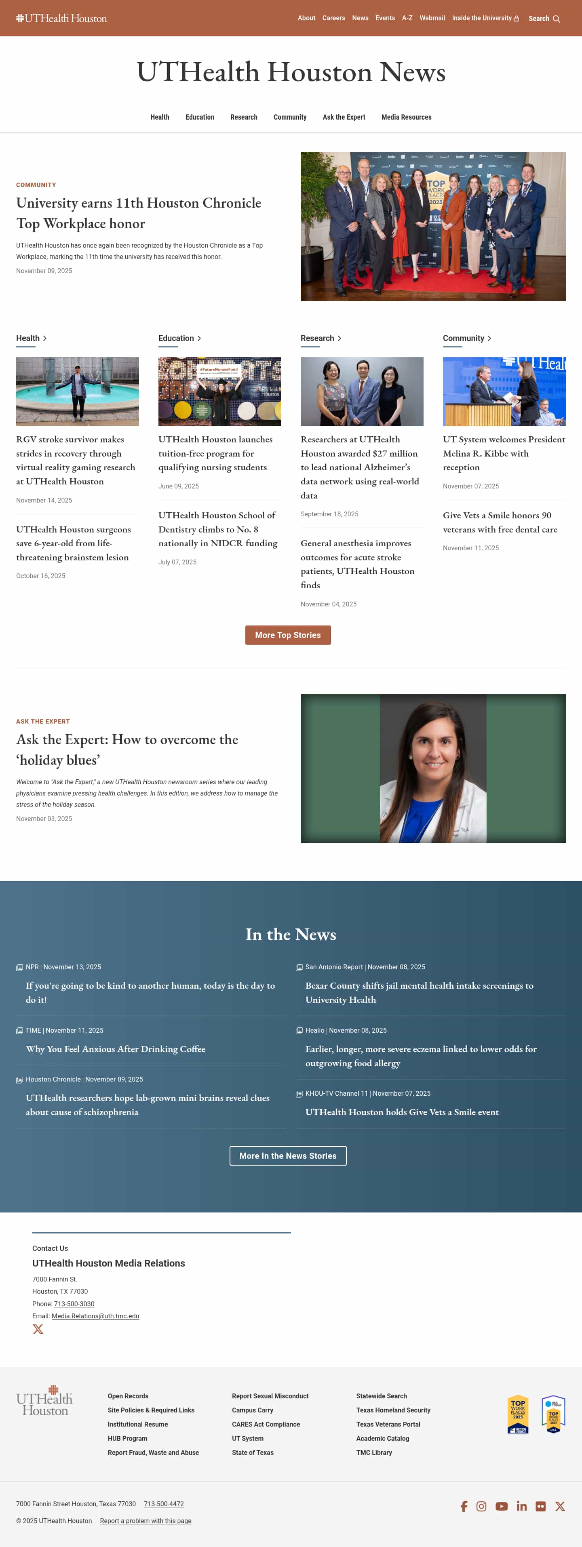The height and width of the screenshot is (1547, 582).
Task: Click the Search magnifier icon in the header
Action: coord(556,19)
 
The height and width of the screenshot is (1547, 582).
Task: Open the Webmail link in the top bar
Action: coord(432,18)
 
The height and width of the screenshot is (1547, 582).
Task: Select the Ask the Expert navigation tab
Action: coord(344,117)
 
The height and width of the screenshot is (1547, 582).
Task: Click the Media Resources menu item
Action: coord(406,117)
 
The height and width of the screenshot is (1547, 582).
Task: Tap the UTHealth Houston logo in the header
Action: coord(61,18)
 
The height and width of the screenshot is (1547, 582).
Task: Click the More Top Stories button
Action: coord(288,635)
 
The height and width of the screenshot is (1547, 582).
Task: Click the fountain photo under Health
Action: coord(78,391)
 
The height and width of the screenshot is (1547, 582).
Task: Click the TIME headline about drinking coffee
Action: coord(115,1048)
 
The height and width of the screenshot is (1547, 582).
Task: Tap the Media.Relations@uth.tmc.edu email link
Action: coord(95,1316)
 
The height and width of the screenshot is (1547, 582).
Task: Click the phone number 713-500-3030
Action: coord(74,1304)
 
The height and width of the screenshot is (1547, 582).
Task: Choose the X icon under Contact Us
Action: coord(38,1329)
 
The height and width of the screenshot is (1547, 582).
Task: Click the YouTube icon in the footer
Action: coord(502,1506)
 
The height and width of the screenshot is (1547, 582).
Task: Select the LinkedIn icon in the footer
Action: coord(521,1506)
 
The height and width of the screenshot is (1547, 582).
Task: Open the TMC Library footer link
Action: coord(373,1452)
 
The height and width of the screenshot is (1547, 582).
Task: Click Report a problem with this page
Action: coord(145,1521)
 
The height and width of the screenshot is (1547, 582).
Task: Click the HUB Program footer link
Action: coord(127,1438)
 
